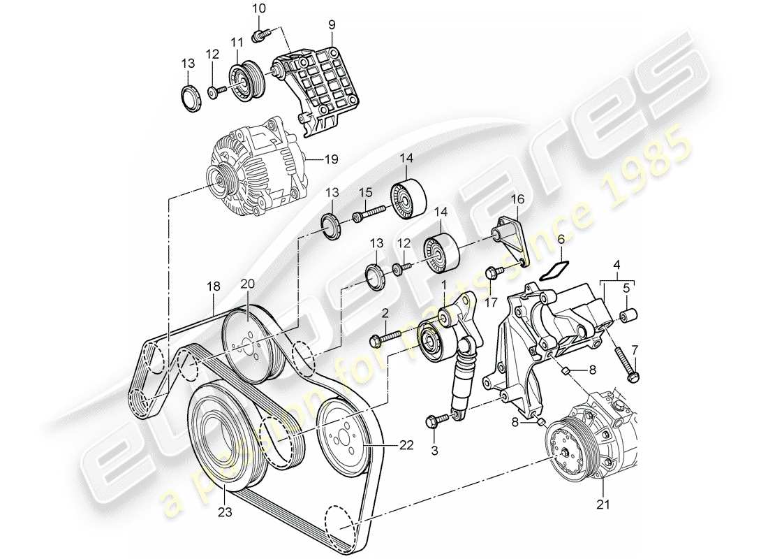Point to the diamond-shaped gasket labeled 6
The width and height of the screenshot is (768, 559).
click(550, 270)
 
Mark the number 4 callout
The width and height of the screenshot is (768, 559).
click(616, 265)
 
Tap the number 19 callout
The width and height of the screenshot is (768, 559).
click(331, 159)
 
